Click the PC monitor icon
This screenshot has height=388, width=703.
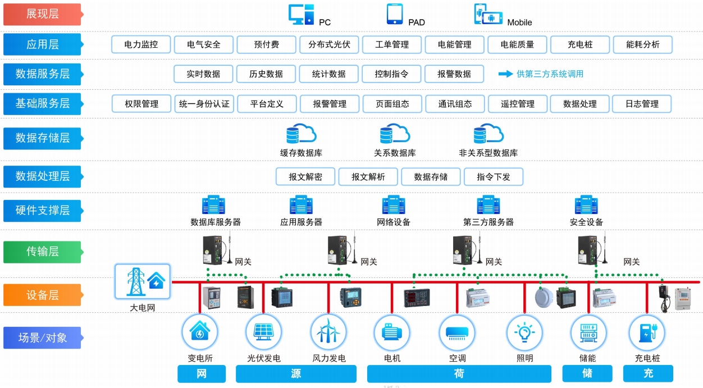301,15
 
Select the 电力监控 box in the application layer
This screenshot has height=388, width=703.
141,44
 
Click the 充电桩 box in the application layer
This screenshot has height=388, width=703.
580,44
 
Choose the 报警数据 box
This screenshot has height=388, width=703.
454,74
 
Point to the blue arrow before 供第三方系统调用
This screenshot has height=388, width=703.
505,74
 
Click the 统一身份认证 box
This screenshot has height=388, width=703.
204,104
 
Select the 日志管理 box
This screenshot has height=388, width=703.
642,104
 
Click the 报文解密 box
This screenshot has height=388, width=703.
305,177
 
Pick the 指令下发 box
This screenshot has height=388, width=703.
494,177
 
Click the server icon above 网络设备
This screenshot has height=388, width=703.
394,205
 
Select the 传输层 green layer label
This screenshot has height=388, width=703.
42,252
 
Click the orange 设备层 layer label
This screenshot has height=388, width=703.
42,295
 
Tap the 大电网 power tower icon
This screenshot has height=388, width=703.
143,281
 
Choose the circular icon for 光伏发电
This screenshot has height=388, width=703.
263,332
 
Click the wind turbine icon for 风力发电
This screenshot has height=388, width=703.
328,332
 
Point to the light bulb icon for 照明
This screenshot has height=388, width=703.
524,332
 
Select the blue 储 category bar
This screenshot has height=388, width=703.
587,373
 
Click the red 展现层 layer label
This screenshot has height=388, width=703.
42,15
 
